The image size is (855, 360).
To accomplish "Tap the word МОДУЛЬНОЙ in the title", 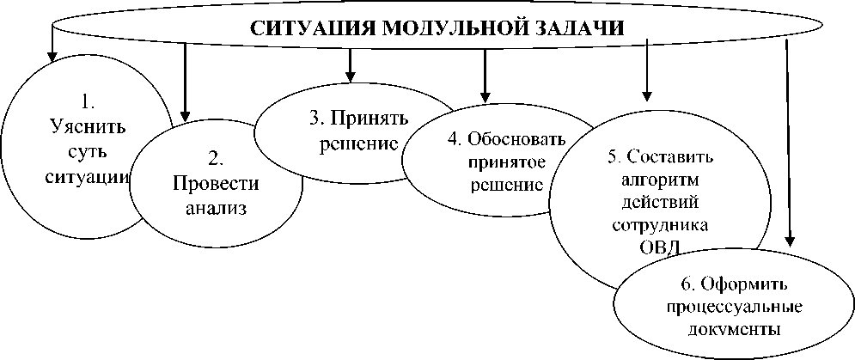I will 451,27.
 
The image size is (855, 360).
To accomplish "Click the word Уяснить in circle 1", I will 87,128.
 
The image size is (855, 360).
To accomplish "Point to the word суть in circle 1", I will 86,153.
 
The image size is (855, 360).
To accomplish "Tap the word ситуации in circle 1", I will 87,178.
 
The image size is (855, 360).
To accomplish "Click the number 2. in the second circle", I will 217,157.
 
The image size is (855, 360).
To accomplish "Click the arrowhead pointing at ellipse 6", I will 791,242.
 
